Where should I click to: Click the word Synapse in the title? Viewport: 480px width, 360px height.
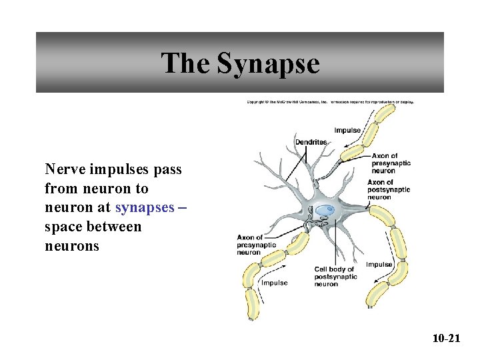click(x=268, y=64)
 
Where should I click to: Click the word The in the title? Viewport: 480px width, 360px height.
click(x=185, y=63)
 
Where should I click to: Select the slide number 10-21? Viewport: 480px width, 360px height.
click(x=446, y=339)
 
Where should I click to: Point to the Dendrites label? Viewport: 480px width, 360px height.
click(x=311, y=142)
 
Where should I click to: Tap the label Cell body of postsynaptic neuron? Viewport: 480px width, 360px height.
click(x=335, y=277)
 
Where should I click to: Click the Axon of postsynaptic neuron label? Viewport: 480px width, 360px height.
click(x=389, y=189)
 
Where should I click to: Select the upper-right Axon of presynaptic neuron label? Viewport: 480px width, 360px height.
click(x=391, y=163)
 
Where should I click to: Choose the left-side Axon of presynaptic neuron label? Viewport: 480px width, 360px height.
click(x=257, y=245)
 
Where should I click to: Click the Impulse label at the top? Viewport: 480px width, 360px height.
click(x=347, y=130)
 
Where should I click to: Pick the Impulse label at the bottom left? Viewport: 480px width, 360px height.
click(x=274, y=283)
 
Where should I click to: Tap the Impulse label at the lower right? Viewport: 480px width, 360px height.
click(x=379, y=265)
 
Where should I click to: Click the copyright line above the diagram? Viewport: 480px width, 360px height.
click(x=330, y=102)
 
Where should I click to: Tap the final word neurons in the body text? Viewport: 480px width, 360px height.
click(x=71, y=246)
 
